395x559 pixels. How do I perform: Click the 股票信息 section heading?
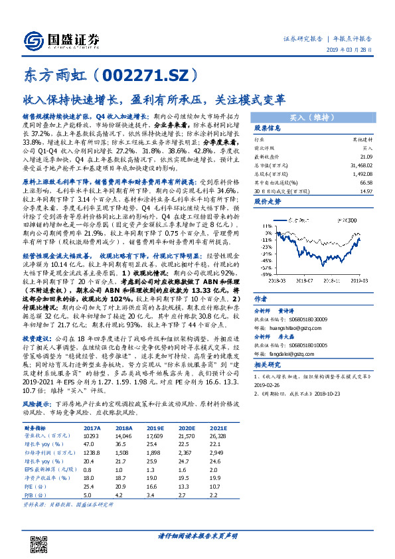click(x=268, y=129)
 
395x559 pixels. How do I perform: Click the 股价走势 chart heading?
click(x=268, y=202)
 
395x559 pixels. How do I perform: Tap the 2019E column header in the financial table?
click(x=156, y=429)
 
